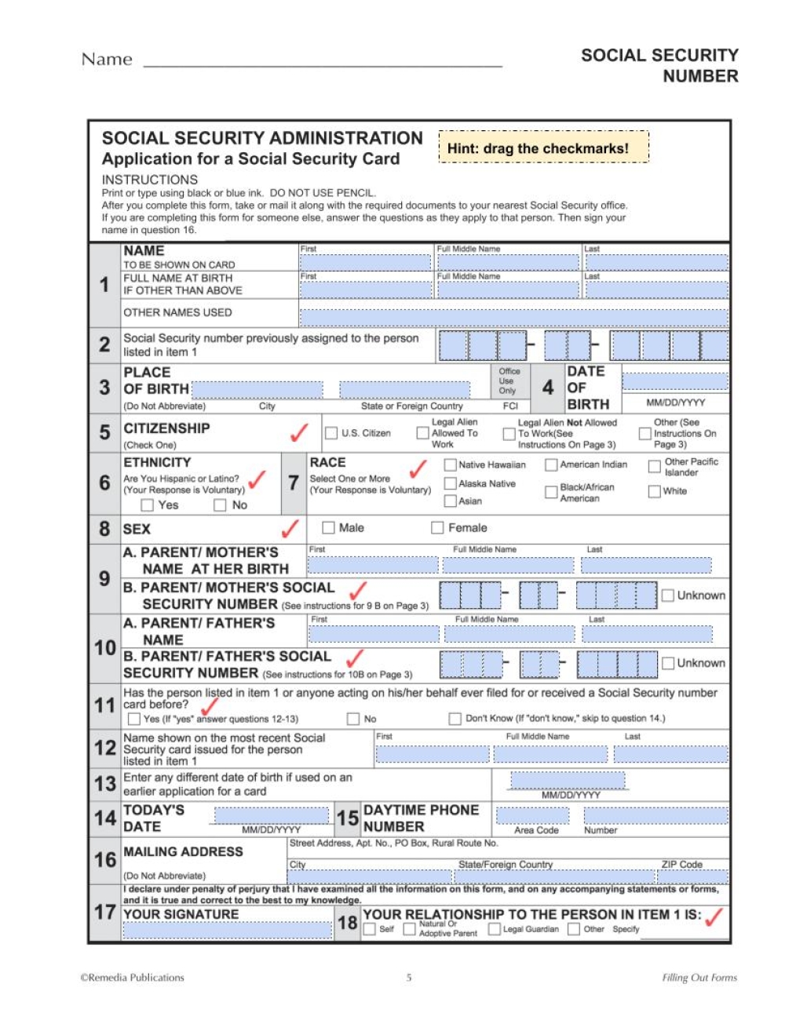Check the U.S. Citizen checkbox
coord(331,433)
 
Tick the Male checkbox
coord(328,527)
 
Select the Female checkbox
coord(437,527)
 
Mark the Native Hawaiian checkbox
coord(450,464)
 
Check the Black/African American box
coord(551,492)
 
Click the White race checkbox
coord(654,491)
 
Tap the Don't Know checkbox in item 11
coord(455,719)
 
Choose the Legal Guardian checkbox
coord(494,929)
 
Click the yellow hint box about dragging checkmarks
coord(543,148)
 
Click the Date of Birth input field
coord(674,381)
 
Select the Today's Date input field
coord(271,816)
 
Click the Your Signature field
coord(228,930)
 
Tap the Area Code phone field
coord(532,816)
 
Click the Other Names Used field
coord(513,317)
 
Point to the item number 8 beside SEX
coord(104,529)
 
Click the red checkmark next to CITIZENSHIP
coord(299,432)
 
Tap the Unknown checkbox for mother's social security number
coord(667,596)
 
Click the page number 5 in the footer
coord(409,978)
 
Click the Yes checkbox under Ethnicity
coord(147,505)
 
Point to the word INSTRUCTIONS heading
coord(149,180)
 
